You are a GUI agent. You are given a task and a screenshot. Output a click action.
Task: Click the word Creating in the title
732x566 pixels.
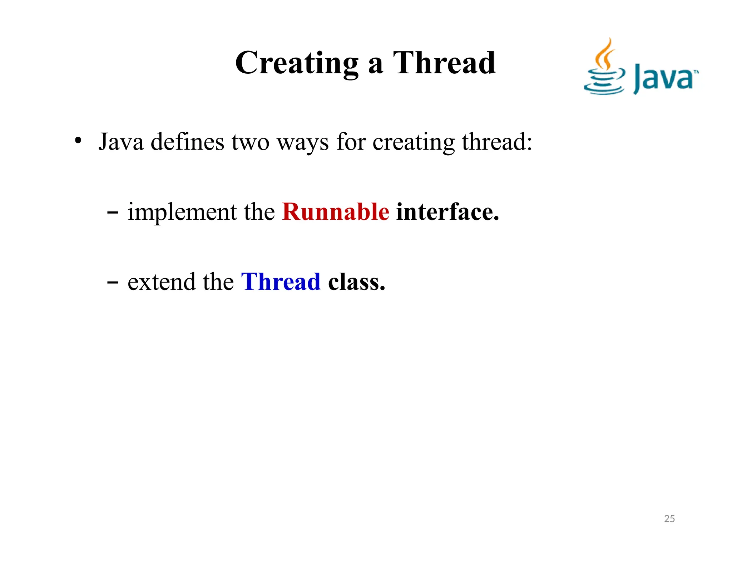click(x=297, y=63)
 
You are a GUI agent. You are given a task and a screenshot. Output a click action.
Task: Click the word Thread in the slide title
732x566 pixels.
click(x=444, y=63)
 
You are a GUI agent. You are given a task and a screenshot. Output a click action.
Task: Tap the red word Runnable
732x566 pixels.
click(x=335, y=212)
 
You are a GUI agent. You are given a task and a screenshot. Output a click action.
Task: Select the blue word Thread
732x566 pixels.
click(x=281, y=282)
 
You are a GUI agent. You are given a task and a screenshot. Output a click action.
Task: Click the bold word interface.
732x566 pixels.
click(x=447, y=212)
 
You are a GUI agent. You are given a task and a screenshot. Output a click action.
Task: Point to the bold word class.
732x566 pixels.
click(x=356, y=282)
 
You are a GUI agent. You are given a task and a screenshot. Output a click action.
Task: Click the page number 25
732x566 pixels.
click(x=669, y=518)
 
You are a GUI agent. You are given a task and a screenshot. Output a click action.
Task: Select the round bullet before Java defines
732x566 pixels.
click(x=78, y=141)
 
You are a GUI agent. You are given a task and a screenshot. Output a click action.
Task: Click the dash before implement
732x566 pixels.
click(x=113, y=213)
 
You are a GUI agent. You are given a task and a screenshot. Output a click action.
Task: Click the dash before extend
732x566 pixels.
click(x=113, y=283)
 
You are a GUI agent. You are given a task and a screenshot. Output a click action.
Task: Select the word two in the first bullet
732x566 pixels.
click(x=250, y=142)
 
